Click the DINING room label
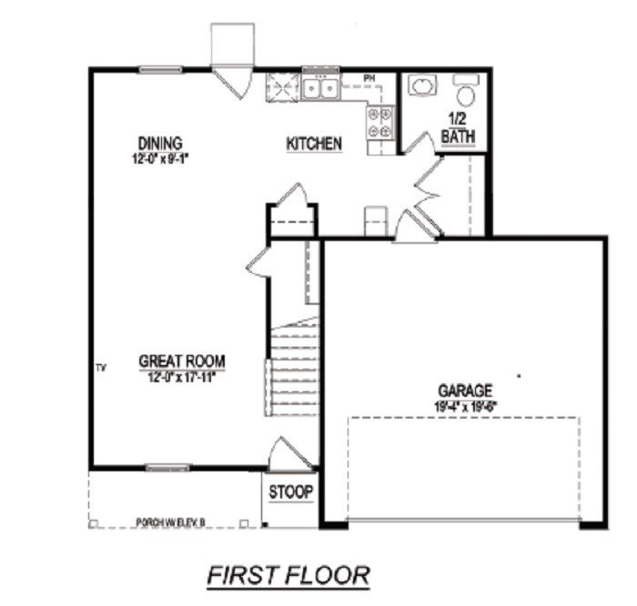pyautogui.click(x=160, y=143)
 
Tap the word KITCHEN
pyautogui.click(x=314, y=144)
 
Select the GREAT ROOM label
pyautogui.click(x=182, y=360)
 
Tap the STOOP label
pyautogui.click(x=290, y=492)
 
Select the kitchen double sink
pyautogui.click(x=320, y=88)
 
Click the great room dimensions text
pyautogui.click(x=182, y=375)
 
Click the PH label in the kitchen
pyautogui.click(x=369, y=77)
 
